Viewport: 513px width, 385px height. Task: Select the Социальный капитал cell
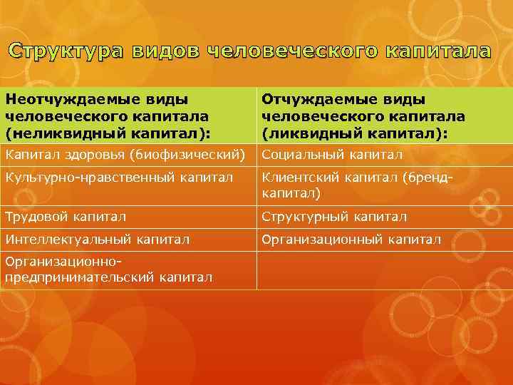pyautogui.click(x=333, y=155)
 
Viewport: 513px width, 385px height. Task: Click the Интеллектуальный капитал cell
pyautogui.click(x=97, y=240)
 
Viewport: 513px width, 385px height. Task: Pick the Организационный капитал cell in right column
pyautogui.click(x=351, y=240)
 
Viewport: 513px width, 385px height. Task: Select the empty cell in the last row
pyautogui.click(x=383, y=269)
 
